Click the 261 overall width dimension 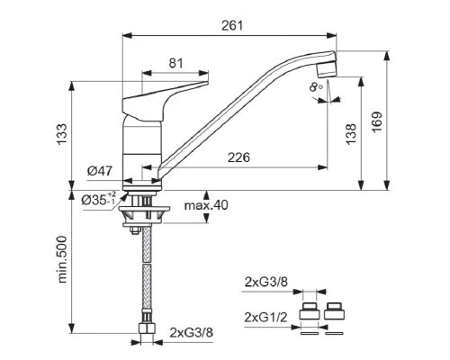click(x=232, y=25)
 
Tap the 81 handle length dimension click(x=175, y=63)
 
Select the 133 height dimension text click(x=62, y=134)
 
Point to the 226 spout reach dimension click(x=238, y=157)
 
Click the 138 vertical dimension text click(x=351, y=134)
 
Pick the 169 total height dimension click(x=377, y=122)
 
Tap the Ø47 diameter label click(x=100, y=171)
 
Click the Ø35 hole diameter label click(x=98, y=199)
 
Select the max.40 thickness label click(x=206, y=205)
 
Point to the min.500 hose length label click(x=62, y=260)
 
